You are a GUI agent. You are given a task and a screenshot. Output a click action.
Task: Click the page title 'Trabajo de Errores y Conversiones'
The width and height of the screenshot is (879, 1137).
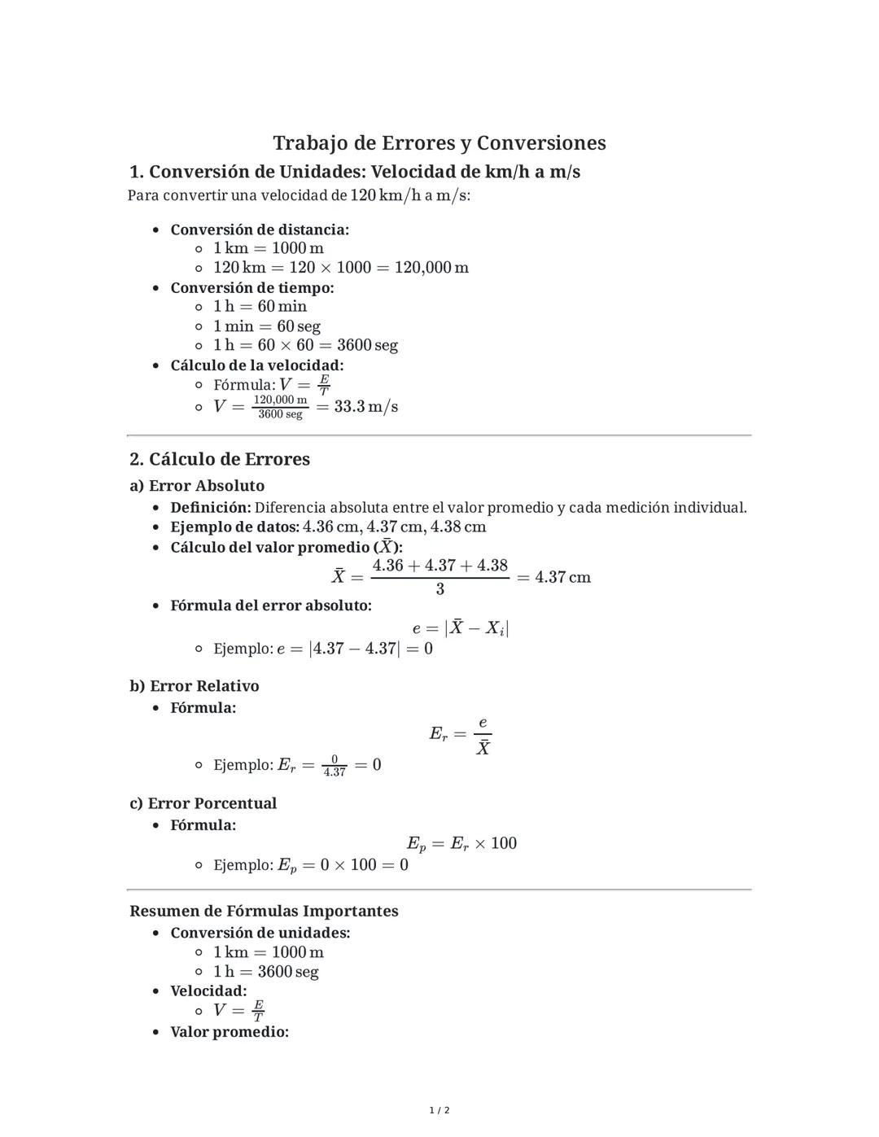(x=439, y=143)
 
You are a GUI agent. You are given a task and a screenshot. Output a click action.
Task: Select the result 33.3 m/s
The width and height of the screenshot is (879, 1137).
(x=365, y=406)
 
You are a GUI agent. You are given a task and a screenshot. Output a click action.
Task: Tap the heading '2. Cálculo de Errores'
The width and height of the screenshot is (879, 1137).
(x=220, y=459)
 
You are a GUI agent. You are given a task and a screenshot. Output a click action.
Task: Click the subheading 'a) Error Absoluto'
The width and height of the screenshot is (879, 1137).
(x=197, y=486)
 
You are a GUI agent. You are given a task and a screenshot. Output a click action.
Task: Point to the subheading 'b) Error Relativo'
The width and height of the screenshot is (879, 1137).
(x=195, y=686)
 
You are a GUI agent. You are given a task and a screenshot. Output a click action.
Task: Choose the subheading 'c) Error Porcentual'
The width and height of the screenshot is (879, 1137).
(x=203, y=803)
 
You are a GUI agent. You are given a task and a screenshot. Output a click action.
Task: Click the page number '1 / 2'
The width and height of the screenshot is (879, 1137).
(x=439, y=1110)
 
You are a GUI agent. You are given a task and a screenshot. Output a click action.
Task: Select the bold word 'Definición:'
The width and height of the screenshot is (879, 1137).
(x=211, y=508)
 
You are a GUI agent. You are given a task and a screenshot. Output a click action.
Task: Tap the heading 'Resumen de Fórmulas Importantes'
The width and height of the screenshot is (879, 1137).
(x=264, y=911)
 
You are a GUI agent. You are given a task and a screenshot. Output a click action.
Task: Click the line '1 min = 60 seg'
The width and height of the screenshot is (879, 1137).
(x=267, y=326)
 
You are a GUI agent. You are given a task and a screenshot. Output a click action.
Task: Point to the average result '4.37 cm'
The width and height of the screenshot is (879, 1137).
(x=562, y=577)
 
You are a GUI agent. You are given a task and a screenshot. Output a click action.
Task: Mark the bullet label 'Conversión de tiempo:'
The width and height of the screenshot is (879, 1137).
(x=252, y=288)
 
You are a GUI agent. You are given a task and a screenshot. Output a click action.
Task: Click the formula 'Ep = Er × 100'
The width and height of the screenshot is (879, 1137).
(x=461, y=843)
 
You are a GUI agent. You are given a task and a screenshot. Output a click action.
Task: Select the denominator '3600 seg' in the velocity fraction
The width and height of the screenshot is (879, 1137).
(x=280, y=414)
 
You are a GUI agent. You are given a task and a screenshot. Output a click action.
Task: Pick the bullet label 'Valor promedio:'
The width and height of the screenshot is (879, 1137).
(x=230, y=1032)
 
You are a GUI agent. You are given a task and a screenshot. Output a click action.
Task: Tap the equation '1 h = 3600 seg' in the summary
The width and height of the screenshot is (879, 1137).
(x=266, y=972)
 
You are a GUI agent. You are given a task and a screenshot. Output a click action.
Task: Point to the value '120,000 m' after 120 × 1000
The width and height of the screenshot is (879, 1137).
(x=431, y=268)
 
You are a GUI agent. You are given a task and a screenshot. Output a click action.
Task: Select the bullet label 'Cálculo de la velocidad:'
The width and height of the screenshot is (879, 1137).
(x=257, y=365)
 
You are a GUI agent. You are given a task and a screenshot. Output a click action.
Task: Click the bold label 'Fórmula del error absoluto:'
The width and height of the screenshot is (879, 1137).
(x=271, y=606)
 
